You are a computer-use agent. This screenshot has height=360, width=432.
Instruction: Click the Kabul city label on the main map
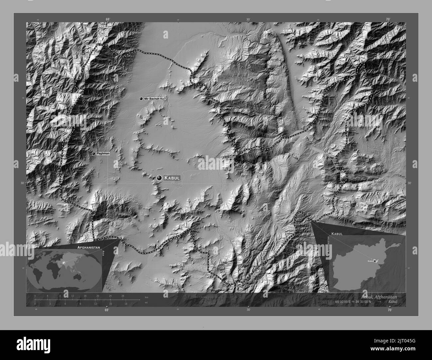point(172,178)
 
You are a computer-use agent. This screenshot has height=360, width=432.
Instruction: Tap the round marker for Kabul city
point(160,178)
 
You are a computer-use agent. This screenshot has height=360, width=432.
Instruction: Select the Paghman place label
point(103,154)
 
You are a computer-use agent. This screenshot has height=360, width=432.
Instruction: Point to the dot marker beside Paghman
point(94,154)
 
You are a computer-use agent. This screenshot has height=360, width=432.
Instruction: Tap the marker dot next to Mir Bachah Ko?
point(141,99)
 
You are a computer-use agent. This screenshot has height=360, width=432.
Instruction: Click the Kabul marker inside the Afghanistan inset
point(375,261)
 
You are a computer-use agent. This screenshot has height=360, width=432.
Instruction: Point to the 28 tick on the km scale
point(123,296)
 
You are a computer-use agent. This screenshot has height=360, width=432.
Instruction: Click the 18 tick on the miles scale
point(126,304)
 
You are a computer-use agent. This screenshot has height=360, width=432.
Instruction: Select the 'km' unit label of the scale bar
point(147,297)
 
